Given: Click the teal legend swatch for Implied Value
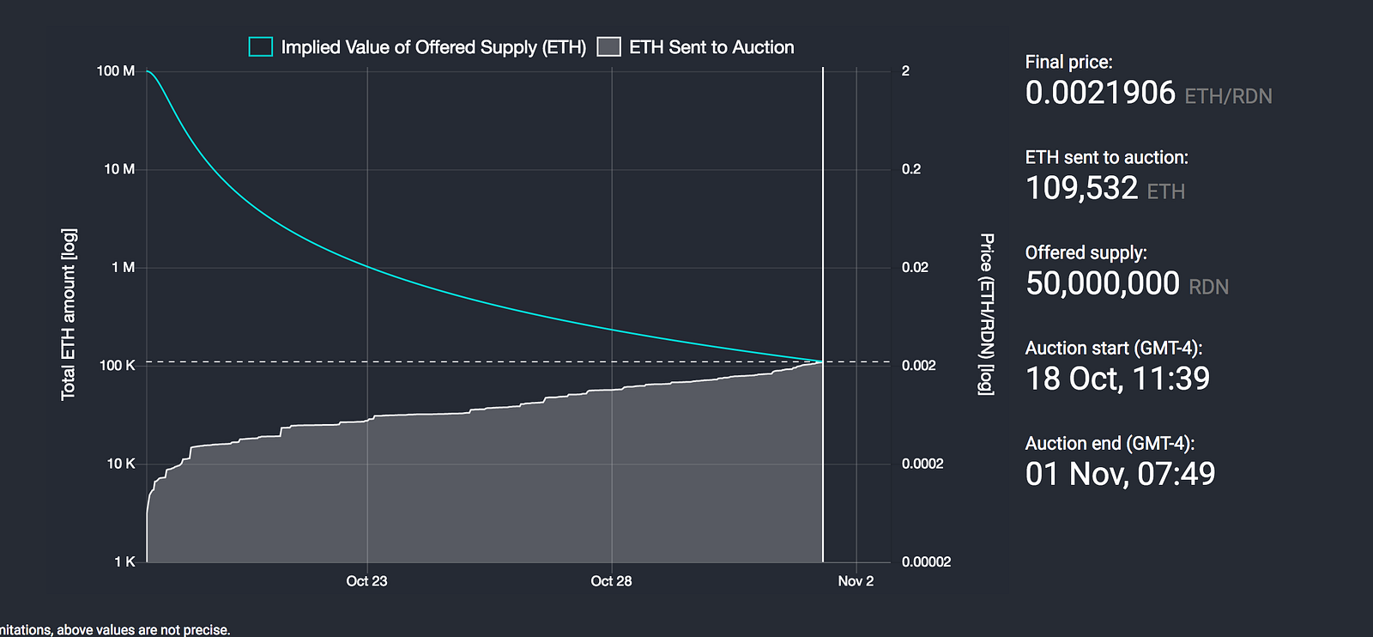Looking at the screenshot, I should click(261, 47).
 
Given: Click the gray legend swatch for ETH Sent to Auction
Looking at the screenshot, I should click(608, 47).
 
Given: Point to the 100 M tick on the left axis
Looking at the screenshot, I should click(116, 71).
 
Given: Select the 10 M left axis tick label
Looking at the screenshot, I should click(119, 169).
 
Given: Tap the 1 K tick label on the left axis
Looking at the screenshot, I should click(124, 561).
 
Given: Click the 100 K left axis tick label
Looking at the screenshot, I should click(118, 366).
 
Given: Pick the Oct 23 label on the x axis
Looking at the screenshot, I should click(366, 581).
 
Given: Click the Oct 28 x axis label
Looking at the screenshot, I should click(611, 581).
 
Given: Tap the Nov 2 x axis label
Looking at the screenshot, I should click(856, 581).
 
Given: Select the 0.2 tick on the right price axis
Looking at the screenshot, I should click(911, 169).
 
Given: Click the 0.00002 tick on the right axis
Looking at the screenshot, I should click(926, 562).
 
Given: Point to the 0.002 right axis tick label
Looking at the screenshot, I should click(918, 366).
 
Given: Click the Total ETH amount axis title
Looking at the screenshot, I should click(69, 314).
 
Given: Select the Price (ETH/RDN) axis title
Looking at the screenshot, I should click(987, 314).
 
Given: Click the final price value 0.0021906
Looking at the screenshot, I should click(1100, 93).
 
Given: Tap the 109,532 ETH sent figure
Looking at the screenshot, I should click(1081, 188).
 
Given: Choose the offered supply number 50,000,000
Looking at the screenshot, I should click(1103, 283).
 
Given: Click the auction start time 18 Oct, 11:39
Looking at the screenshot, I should click(1117, 379).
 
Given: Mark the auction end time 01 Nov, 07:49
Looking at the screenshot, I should click(1120, 474).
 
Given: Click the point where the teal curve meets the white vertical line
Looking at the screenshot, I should click(823, 361).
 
